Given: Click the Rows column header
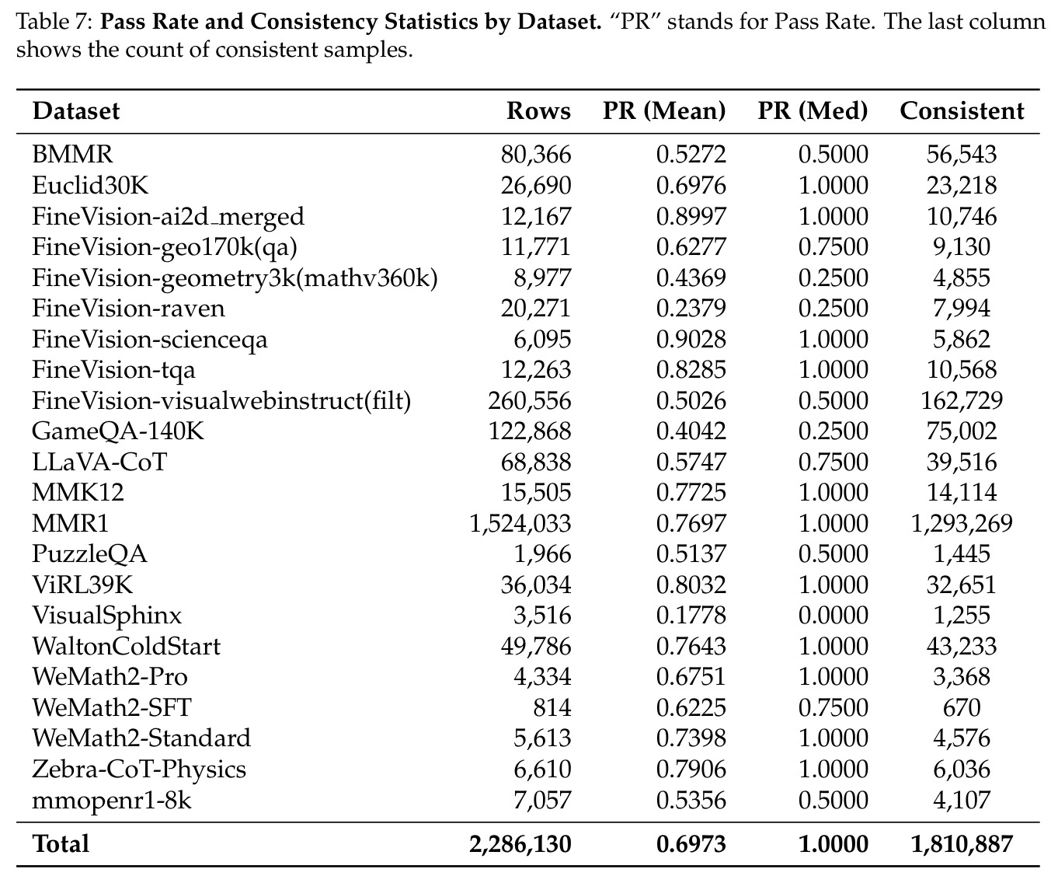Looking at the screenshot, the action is click(538, 111).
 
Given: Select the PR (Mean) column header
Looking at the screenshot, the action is click(664, 111).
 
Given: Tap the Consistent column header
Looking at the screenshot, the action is click(962, 111).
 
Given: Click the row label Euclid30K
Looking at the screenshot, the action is click(91, 185).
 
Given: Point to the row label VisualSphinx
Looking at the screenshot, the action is click(107, 615).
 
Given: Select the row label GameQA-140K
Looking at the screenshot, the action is click(118, 431).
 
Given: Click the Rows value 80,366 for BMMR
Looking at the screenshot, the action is click(536, 154).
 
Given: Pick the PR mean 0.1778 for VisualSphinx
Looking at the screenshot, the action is click(691, 615).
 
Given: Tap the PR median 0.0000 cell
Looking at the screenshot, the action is click(834, 615).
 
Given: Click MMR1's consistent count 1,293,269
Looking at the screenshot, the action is click(962, 523).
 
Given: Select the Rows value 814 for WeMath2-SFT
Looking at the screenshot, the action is click(552, 707).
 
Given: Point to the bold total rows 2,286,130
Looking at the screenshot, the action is click(520, 844).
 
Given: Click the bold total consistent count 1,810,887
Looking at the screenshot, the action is click(962, 844).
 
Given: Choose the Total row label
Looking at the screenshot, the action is click(61, 844).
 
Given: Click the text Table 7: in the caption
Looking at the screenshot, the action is click(54, 22).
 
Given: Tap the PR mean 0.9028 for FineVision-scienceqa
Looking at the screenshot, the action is click(691, 339).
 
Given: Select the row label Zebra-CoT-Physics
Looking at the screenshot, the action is click(139, 770).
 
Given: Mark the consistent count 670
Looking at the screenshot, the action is click(962, 707).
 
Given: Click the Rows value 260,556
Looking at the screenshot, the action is click(530, 400).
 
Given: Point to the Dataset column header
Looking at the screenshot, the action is click(76, 111).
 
